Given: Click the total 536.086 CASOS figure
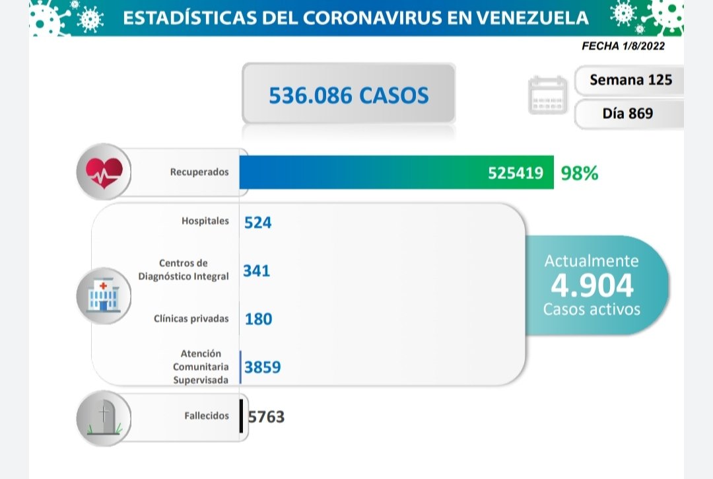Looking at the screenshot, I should [349, 95].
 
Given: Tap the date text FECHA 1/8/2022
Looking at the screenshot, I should [623, 46].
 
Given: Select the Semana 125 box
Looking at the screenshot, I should [630, 80].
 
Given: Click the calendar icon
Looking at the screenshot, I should [547, 96].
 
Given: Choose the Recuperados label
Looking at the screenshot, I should [199, 172].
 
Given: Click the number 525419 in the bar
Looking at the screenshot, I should [516, 173].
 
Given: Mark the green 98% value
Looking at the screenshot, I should [579, 173].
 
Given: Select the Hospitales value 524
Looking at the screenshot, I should [257, 223].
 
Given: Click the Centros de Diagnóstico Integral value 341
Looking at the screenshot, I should [257, 270].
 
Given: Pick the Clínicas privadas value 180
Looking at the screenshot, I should [257, 318].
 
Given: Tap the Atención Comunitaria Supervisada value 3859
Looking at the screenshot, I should [262, 367].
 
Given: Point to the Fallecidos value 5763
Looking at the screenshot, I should [266, 416].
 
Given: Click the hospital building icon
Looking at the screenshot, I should [103, 295].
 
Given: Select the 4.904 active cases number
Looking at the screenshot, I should [592, 285].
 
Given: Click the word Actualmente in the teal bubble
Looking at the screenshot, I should [592, 260].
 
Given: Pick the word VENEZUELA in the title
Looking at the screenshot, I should [532, 17].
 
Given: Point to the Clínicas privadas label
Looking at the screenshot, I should [191, 318].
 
